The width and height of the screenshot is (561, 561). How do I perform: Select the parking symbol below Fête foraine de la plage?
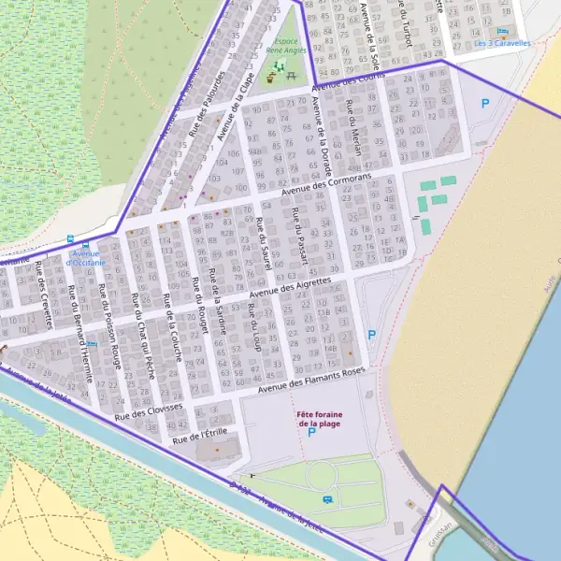point(311,432)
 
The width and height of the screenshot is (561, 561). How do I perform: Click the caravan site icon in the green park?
point(326,500)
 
